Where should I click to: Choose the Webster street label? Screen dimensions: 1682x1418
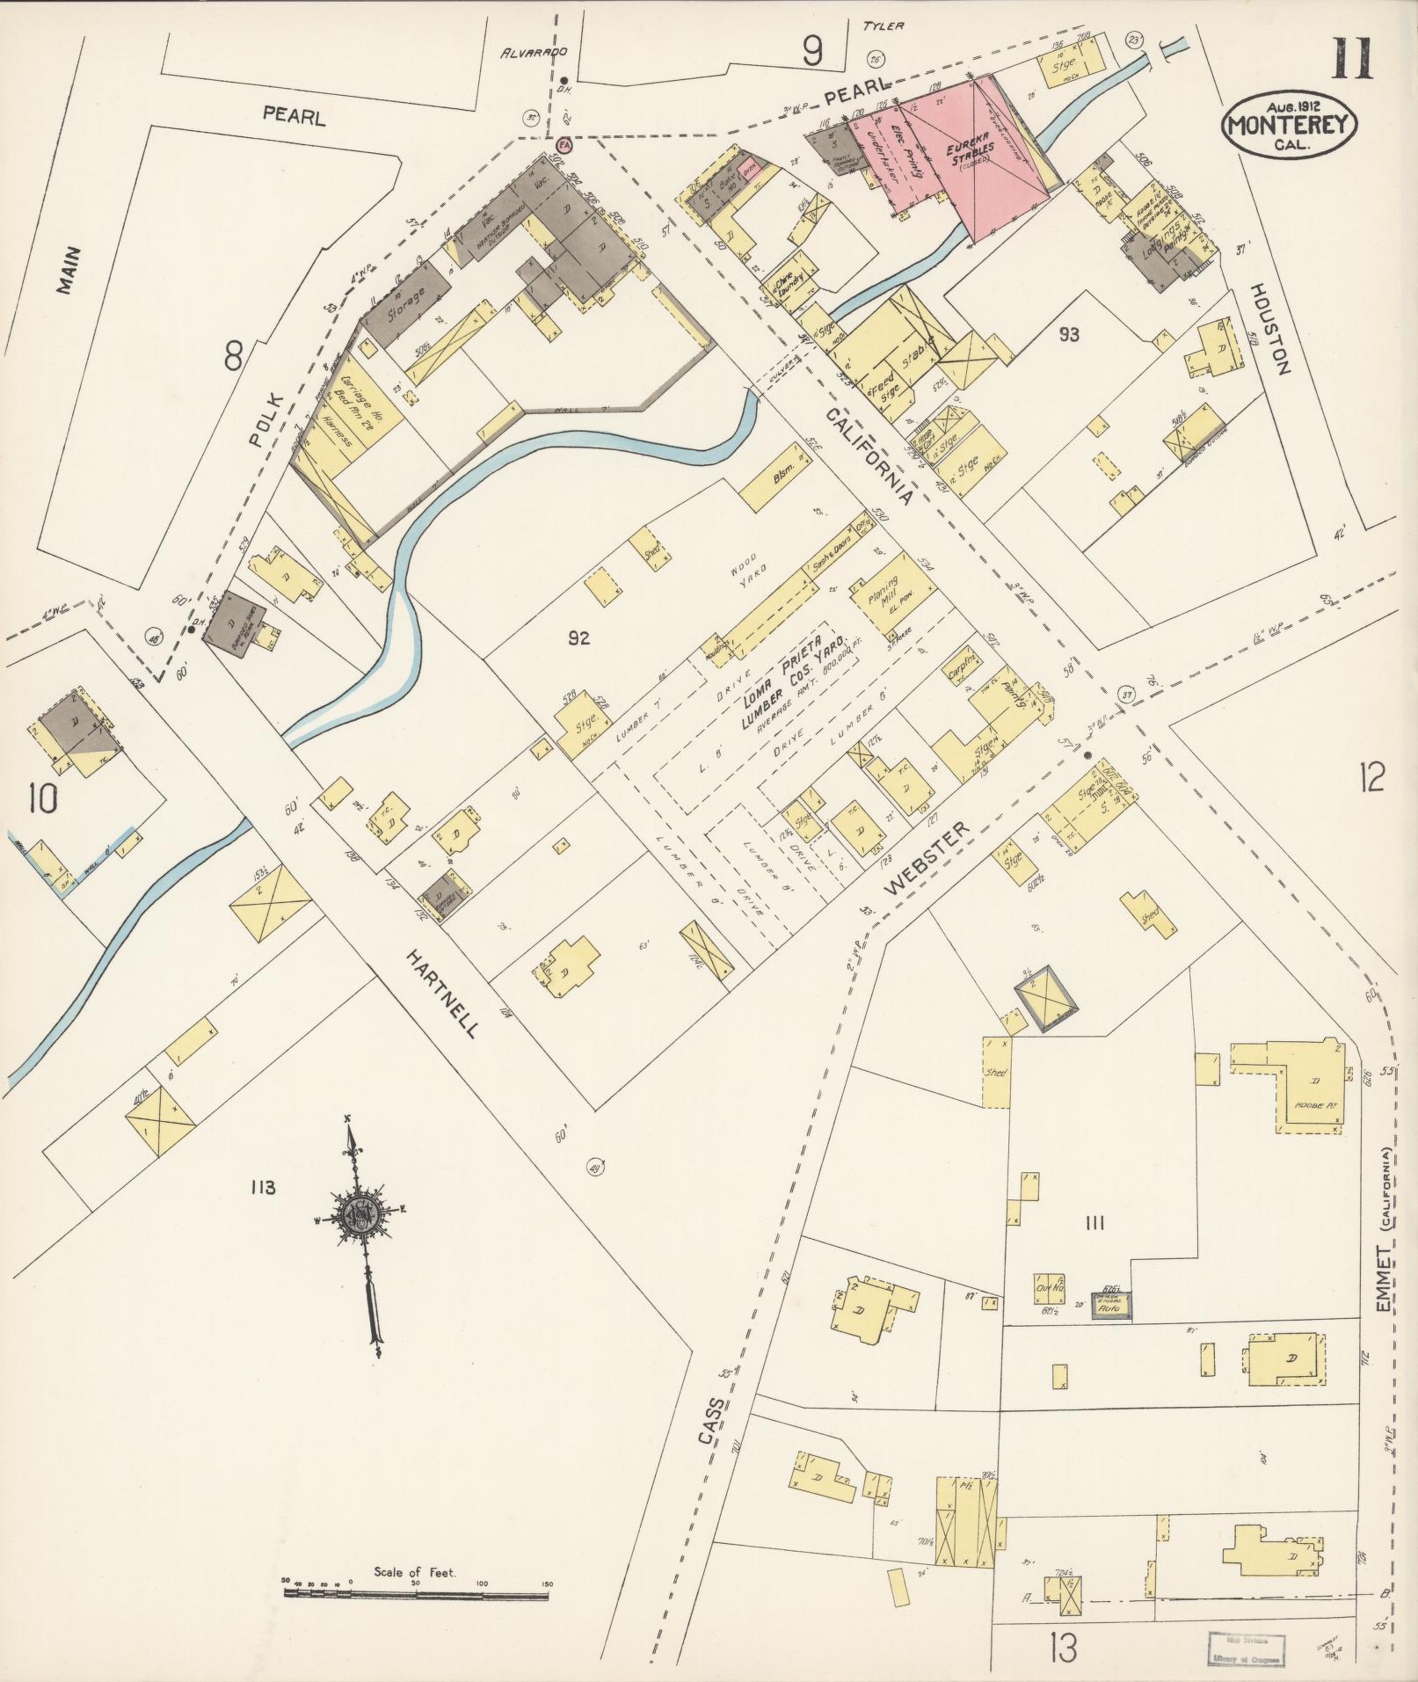coord(927,858)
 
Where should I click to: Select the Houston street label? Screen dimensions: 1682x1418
coord(1269,329)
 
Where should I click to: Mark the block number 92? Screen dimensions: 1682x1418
coord(578,639)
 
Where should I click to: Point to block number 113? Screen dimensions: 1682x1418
coord(262,1188)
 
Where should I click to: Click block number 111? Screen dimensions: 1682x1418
coord(1094,1222)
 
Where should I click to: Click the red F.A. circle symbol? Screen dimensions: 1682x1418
coord(564,145)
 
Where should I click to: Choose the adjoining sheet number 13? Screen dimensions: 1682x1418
coord(1061,1647)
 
